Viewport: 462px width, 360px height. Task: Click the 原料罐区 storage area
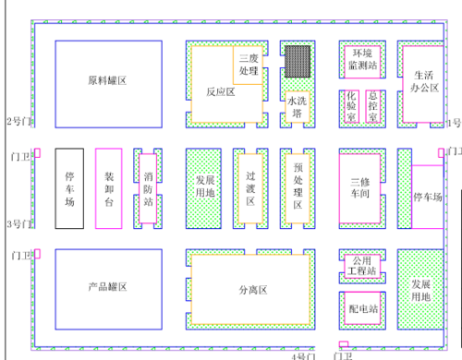coord(107,82)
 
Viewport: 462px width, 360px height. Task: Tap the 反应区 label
coord(220,92)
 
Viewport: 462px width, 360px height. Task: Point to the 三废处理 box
coord(249,64)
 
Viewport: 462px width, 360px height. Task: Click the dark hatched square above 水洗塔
coord(297,61)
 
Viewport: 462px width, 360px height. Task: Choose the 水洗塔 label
coord(297,107)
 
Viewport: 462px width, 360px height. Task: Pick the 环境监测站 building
coord(360,60)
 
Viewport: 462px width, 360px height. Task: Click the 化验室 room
coord(351,106)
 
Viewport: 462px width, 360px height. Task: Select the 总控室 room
coord(372,106)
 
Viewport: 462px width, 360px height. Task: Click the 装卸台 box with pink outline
coord(109,187)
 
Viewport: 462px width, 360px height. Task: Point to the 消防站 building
coord(148,187)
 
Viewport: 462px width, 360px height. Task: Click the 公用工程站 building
coord(360,267)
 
